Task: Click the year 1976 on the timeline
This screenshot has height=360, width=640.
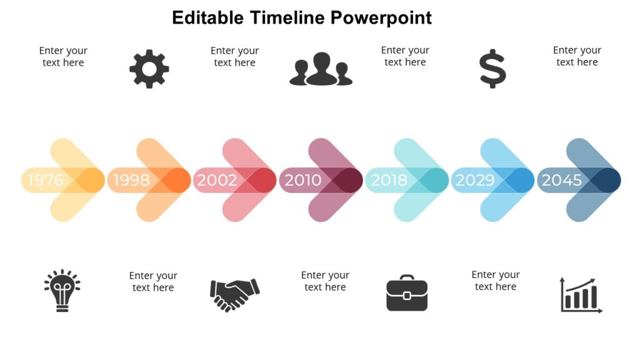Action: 46,180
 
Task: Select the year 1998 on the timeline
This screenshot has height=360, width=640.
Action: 131,180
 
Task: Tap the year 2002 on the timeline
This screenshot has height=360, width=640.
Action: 217,180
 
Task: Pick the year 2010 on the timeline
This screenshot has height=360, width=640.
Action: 303,180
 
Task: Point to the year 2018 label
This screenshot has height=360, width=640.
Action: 389,180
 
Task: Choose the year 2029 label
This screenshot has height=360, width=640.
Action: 475,180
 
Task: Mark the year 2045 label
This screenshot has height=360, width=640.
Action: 561,180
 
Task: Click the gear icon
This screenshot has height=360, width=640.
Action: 149,69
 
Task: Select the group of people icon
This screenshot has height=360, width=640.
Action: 321,69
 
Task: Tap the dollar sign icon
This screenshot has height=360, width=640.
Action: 492,69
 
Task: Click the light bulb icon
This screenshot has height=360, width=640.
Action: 62,291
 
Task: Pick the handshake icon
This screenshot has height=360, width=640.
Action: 234,294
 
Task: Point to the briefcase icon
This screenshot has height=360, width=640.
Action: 407,293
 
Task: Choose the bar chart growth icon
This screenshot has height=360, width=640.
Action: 580,295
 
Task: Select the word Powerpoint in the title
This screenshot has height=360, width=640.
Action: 381,17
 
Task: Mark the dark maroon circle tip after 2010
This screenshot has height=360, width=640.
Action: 347,180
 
